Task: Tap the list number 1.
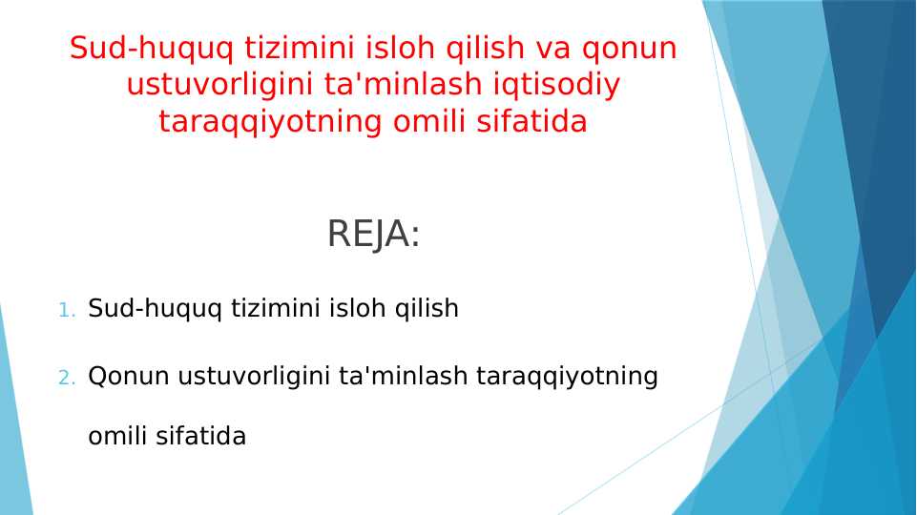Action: tap(67, 310)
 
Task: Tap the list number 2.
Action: tap(67, 378)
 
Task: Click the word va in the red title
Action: tap(552, 49)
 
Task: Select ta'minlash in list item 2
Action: tap(404, 376)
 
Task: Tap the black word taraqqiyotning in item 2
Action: tap(567, 377)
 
